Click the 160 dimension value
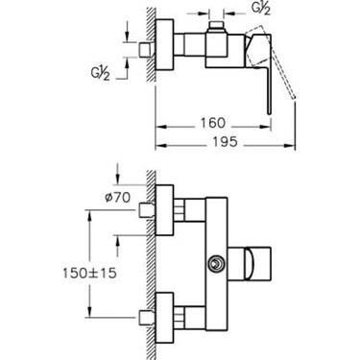[213, 123]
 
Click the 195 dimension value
[225, 141]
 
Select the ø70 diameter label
[118, 198]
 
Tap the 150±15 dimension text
[89, 273]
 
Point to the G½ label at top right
[261, 8]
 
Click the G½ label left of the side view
[100, 74]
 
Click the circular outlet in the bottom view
[216, 264]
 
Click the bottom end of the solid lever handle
[270, 112]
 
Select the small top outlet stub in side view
[216, 26]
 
